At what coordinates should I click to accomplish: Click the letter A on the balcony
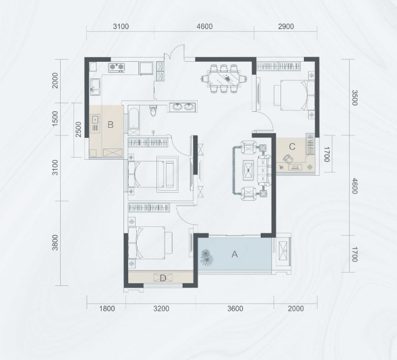pos(235,254)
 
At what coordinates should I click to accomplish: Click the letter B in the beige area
pos(110,125)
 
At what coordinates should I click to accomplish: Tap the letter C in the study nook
pos(292,146)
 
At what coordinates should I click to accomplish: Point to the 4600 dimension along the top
pos(204,26)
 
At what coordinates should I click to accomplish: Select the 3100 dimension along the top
pos(121,26)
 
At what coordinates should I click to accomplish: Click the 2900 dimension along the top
pos(286,26)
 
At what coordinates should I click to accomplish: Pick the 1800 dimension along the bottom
pos(107,308)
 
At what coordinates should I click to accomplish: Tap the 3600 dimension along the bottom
pos(235,308)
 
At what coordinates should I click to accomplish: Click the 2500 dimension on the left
pos(78,129)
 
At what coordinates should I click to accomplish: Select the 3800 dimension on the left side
pos(55,243)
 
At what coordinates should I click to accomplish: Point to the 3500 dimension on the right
pos(354,98)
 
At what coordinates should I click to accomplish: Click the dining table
pos(224,79)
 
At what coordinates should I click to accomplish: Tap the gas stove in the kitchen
pos(117,67)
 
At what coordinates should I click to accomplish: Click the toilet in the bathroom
pos(153,110)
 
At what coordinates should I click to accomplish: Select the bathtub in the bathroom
pos(134,119)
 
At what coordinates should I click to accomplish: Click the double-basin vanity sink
pos(183,107)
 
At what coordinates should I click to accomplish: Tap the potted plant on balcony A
pos(206,257)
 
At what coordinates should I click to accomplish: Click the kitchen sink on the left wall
pos(95,87)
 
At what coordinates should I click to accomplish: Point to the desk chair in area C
pos(287,159)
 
